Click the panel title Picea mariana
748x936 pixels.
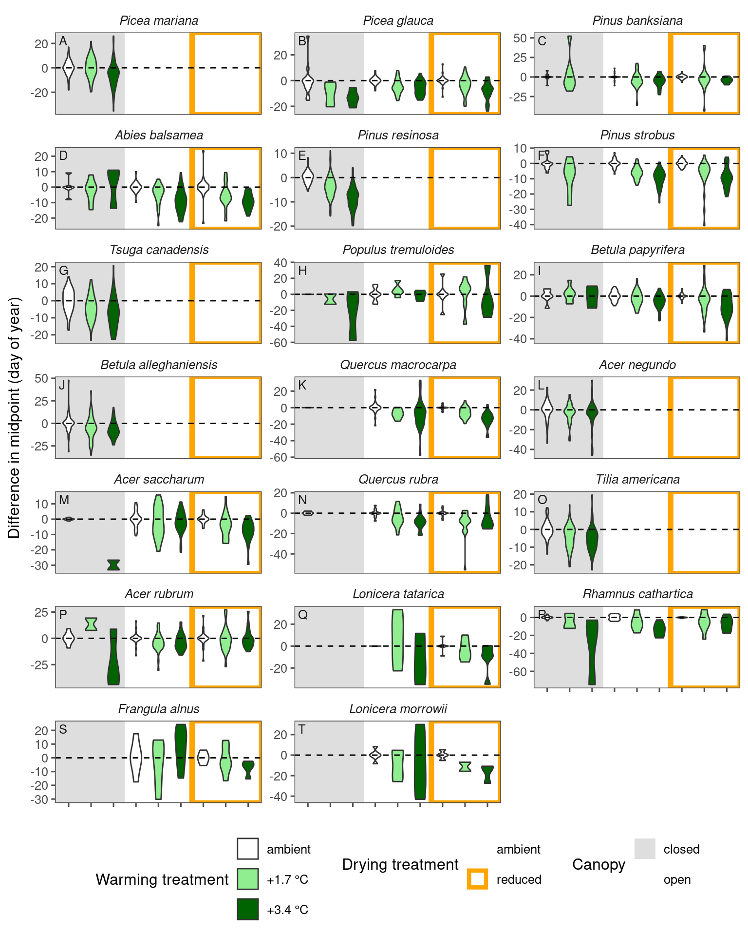point(159,21)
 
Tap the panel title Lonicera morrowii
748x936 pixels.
point(398,709)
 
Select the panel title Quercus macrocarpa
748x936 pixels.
point(398,365)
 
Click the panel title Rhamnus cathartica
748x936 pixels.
point(637,594)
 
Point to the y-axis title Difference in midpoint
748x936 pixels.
point(15,417)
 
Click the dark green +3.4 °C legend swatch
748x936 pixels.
point(247,910)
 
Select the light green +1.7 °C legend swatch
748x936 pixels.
point(247,879)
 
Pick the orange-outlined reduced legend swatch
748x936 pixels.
point(477,879)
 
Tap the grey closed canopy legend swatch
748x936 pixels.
point(645,849)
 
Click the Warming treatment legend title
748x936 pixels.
point(162,879)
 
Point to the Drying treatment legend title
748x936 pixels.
point(400,864)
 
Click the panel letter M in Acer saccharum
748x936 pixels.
point(64,500)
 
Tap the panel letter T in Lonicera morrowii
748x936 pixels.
point(302,729)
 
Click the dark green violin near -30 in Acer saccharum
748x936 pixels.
point(113,565)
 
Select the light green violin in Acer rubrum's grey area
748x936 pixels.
point(91,624)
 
